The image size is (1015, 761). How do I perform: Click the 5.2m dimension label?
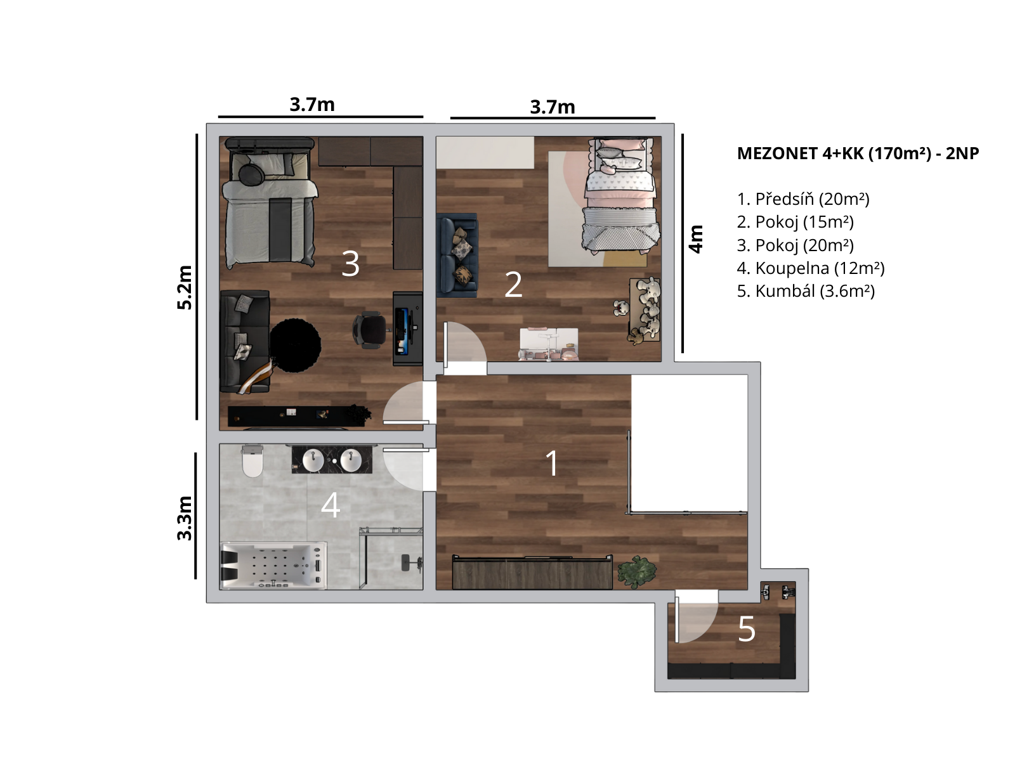[x=185, y=287]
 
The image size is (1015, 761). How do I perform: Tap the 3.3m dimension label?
[x=185, y=517]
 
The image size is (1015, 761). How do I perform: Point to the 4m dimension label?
[x=696, y=239]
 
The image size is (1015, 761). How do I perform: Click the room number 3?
[x=350, y=264]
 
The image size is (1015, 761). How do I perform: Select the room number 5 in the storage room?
[x=747, y=629]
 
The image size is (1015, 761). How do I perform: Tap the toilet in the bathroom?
[x=252, y=460]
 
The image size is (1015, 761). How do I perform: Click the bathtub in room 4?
[x=273, y=566]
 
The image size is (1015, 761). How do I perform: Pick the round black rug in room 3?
[x=295, y=345]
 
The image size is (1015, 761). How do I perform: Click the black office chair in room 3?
[x=369, y=329]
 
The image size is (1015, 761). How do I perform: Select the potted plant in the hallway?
[x=637, y=573]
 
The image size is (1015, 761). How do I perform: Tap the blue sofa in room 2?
[x=457, y=254]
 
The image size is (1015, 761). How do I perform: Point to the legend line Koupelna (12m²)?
[x=810, y=268]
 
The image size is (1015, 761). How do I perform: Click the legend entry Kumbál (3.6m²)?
[x=806, y=291]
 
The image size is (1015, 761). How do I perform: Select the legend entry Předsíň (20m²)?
[x=802, y=199]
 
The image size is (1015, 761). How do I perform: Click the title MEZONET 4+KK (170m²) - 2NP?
[x=858, y=153]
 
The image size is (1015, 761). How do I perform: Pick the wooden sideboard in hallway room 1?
[x=532, y=573]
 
